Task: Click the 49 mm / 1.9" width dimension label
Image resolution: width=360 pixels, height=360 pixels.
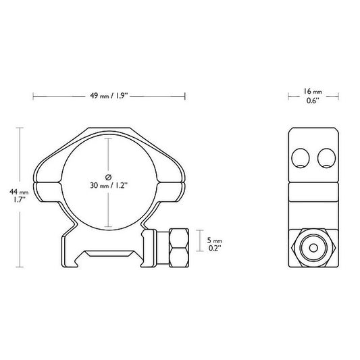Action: pos(109,96)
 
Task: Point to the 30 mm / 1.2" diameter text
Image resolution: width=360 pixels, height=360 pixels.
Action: pos(109,184)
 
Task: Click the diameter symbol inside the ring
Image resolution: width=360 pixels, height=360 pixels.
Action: pos(109,174)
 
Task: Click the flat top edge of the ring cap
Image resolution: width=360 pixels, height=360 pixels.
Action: pos(109,130)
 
